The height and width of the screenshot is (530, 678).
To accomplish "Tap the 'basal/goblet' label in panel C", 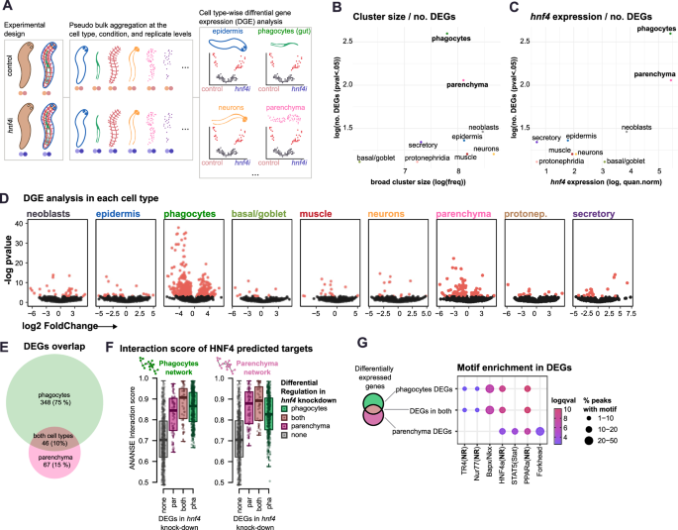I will pyautogui.click(x=626, y=160).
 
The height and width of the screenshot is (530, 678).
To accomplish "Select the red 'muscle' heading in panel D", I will pyautogui.click(x=326, y=213).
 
